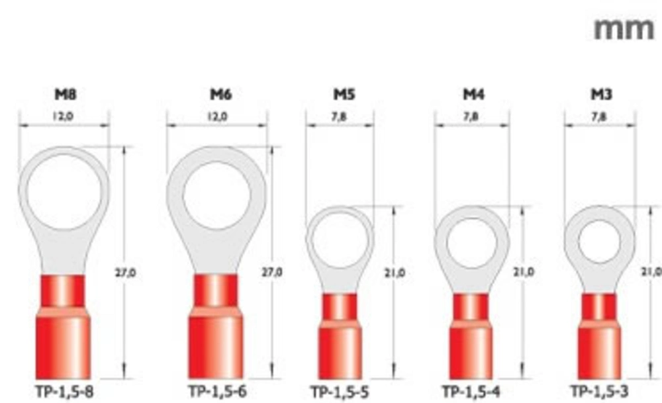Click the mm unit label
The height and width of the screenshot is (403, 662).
click(624, 30)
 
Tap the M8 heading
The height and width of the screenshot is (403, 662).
click(66, 94)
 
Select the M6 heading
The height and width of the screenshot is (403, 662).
click(221, 94)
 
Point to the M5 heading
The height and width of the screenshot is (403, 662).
click(344, 94)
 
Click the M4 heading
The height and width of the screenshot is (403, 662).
click(474, 94)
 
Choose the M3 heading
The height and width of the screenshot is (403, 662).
click(601, 94)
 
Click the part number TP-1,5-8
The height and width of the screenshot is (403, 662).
click(65, 392)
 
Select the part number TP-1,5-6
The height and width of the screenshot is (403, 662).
click(217, 392)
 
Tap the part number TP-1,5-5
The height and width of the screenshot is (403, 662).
click(340, 392)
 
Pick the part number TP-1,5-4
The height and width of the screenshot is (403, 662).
click(471, 392)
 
